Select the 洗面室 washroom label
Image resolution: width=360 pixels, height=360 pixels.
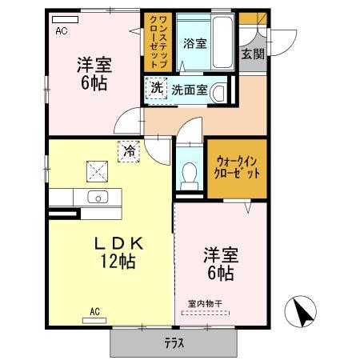click(190, 90)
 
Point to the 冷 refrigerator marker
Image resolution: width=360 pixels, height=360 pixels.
click(128, 150)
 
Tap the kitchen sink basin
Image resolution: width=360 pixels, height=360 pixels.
click(98, 198)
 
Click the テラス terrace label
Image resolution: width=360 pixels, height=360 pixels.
click(174, 344)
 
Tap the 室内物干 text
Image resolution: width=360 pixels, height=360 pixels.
click(205, 303)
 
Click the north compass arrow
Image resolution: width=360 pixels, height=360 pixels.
click(302, 311)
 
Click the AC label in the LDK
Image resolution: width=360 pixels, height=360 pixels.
click(94, 311)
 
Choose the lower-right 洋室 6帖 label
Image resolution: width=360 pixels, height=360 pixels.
click(218, 265)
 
